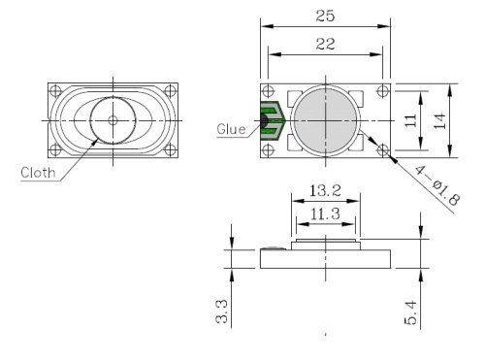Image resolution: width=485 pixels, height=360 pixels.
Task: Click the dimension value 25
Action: click(x=325, y=15)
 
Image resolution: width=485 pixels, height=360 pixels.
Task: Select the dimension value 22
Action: click(x=325, y=43)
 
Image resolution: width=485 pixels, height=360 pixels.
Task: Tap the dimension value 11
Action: click(x=411, y=120)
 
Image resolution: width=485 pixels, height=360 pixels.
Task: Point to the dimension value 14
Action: click(x=439, y=120)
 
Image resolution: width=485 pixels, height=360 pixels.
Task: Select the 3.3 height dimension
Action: click(x=222, y=311)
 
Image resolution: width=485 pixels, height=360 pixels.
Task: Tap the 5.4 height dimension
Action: click(x=411, y=312)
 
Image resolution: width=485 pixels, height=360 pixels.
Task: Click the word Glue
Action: click(x=231, y=127)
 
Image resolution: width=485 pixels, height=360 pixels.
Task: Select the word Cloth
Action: click(x=38, y=175)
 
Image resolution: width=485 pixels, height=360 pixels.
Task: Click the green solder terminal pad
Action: click(x=272, y=120)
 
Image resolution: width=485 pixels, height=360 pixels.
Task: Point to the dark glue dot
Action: click(x=263, y=121)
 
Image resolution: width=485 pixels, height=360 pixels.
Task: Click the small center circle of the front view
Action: click(x=113, y=120)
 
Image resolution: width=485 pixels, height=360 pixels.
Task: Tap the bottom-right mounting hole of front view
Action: click(x=171, y=148)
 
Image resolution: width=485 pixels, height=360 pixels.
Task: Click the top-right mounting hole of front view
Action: click(x=171, y=92)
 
